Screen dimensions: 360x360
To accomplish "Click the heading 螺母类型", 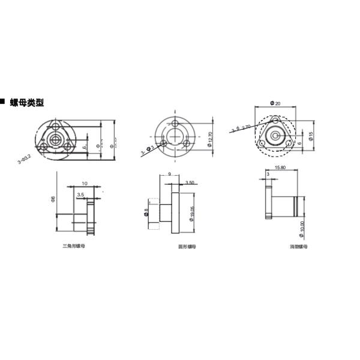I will pos(27,103).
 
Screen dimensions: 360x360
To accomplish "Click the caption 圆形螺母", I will pos(187,246).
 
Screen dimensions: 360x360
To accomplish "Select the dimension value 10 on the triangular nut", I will pos(85,183).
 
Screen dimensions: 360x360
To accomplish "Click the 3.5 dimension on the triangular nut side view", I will pos(80,194).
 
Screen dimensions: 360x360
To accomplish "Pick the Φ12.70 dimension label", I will pos(210,139).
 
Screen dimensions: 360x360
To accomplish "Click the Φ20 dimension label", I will pos(275,103).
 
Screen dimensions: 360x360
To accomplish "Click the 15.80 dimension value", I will pos(280,167).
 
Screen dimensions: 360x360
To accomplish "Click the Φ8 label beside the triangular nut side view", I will pos(53,199).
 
